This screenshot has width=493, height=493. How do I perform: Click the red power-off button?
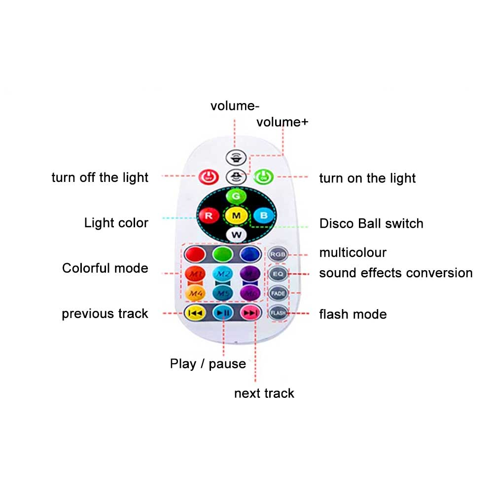coord(208,176)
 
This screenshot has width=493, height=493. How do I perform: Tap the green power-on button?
coord(264,176)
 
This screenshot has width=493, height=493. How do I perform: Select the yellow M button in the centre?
coord(236,215)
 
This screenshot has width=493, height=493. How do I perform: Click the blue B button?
coord(264,215)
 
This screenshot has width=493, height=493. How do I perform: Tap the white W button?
coord(236,234)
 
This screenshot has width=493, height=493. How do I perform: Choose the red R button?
coord(209,215)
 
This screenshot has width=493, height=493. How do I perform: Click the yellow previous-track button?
coord(194,313)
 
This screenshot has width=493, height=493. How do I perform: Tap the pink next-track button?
coord(250,313)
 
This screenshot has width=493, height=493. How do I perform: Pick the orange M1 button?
coord(194,274)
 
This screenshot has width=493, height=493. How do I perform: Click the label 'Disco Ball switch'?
coord(371,223)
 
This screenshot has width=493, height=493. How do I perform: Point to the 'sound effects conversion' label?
coord(396,273)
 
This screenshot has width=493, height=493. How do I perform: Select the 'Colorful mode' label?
coord(105,268)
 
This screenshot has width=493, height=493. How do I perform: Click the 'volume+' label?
coord(282,122)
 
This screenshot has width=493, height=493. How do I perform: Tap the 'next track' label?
coord(264,393)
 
